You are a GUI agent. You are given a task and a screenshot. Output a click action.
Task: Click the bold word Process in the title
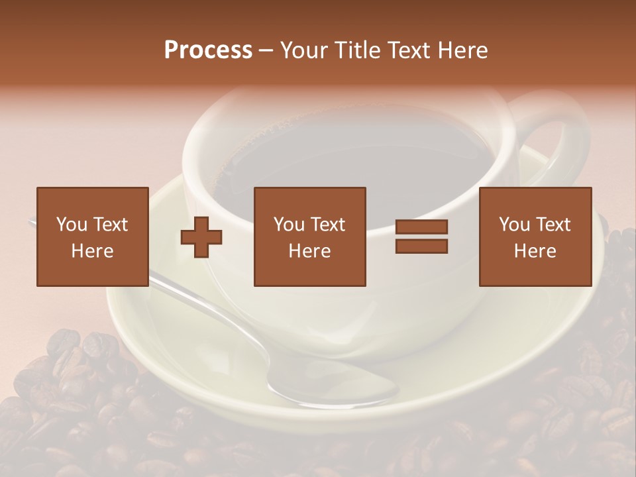coord(208,50)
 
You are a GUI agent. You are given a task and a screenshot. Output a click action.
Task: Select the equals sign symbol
coord(421,237)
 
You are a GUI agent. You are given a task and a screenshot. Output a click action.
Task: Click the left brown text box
coord(92,237)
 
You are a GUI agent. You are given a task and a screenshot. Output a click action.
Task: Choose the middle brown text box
coord(309,237)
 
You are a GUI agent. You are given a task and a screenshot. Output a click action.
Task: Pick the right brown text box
coord(535,237)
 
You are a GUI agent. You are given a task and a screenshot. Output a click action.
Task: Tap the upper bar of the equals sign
coord(421,227)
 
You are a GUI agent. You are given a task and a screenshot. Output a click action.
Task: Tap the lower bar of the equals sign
coord(421,246)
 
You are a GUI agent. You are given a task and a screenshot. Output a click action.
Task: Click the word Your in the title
coord(304,50)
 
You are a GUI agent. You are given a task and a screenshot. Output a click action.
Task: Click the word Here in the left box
coord(92,251)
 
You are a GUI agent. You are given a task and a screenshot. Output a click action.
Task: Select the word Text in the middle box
coord(328,225)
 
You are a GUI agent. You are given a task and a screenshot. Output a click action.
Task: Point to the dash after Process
coord(266,50)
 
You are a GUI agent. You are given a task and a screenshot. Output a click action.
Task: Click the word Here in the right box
coord(535,251)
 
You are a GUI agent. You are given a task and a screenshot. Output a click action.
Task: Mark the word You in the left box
coord(72,225)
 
